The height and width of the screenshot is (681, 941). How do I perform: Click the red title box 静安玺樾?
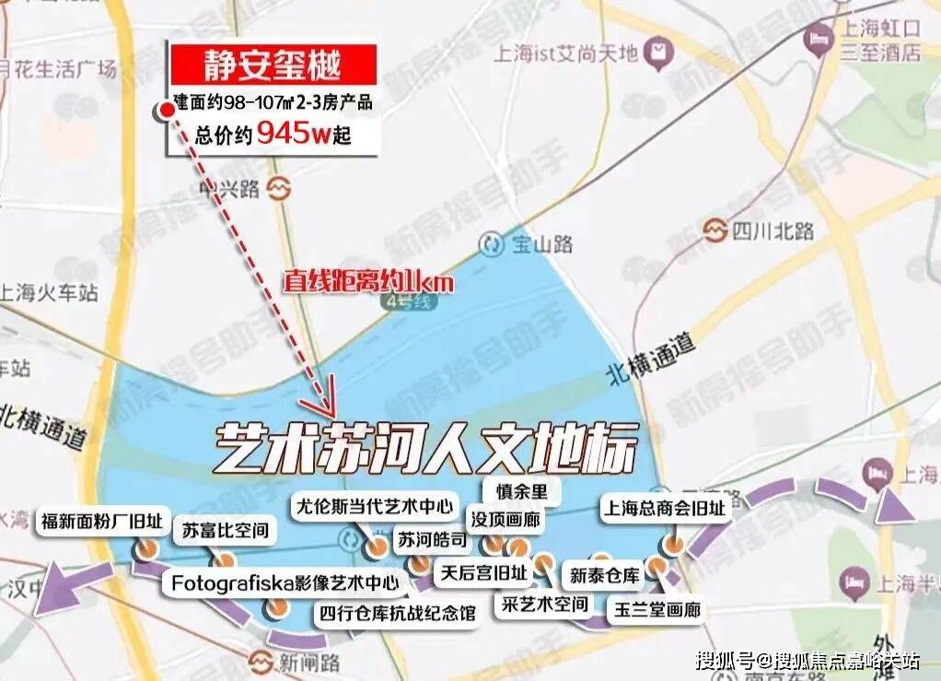(x=272, y=65)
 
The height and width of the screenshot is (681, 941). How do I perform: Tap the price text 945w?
(x=292, y=135)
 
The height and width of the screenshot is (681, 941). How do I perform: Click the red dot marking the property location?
(x=167, y=111)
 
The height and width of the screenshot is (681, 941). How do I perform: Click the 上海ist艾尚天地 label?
(x=567, y=53)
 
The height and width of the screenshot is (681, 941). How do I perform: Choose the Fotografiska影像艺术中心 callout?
(x=285, y=582)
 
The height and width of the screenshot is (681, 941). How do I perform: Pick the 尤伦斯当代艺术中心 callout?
(x=374, y=506)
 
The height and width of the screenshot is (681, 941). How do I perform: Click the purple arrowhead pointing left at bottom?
(x=55, y=590)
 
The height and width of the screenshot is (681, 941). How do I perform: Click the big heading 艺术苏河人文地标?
(x=425, y=449)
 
